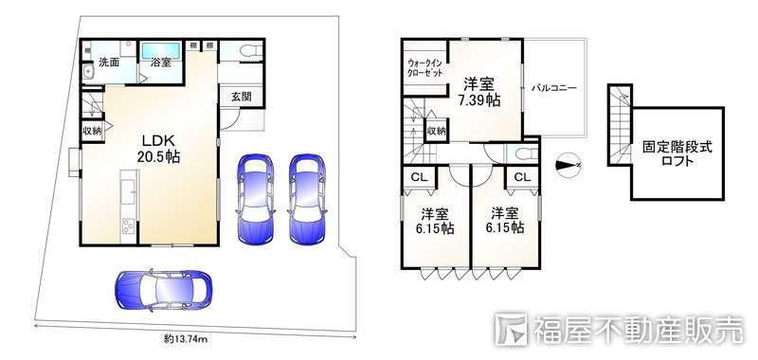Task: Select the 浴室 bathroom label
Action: (x=160, y=63)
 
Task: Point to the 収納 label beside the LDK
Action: (x=92, y=131)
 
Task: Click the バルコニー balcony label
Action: (x=554, y=88)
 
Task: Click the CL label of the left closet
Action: (x=418, y=176)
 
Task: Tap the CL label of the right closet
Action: (x=521, y=176)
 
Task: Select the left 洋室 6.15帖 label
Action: (x=436, y=221)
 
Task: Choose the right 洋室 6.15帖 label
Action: (x=504, y=221)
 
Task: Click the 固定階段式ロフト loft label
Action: (x=677, y=154)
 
